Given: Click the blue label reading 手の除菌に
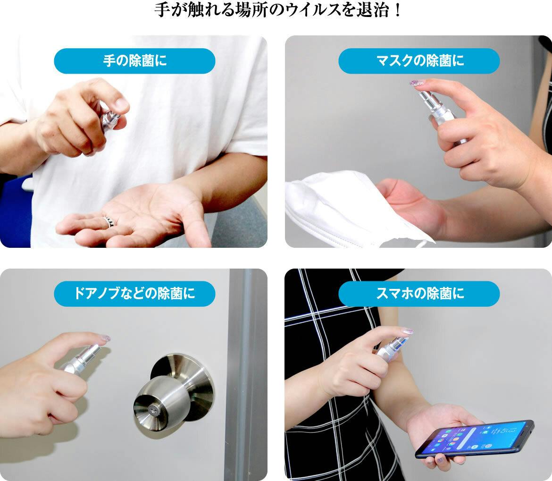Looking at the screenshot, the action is point(134,61).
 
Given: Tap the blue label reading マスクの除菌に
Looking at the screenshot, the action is point(419,61).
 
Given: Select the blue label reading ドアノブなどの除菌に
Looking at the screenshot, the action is point(134,294).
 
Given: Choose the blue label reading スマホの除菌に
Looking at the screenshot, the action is point(419,294).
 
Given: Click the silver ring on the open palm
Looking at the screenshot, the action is point(109,221).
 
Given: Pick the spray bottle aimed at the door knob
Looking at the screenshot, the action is point(81,359).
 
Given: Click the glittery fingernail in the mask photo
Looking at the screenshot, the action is point(417,84).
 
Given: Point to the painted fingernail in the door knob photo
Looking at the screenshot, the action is point(105,338).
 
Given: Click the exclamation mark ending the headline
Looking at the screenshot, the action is point(397,10).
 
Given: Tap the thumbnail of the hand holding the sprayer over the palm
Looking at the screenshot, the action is point(122,103).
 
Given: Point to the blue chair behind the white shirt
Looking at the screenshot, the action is point(16,211).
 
